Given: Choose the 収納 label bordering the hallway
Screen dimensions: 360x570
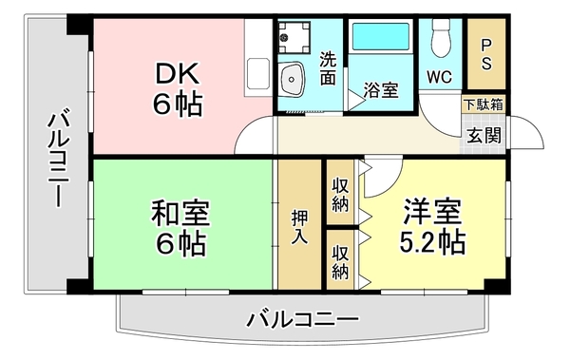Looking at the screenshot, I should tap(340, 195).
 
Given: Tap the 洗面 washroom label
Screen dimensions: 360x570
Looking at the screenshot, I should tap(328, 69).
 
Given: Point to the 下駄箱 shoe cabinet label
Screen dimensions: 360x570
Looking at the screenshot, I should tap(484, 104).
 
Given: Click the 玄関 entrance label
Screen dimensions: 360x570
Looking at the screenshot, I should tap(484, 133).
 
